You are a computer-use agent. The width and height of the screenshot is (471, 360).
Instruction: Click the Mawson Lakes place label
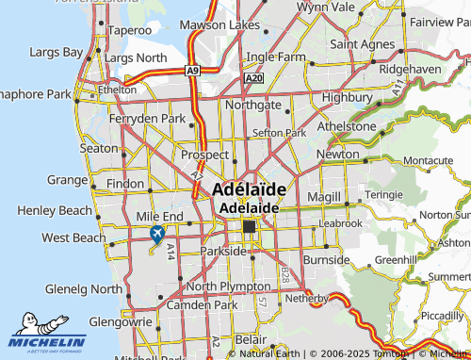(x=238, y=24)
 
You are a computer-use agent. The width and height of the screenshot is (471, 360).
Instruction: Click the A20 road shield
(x=252, y=79)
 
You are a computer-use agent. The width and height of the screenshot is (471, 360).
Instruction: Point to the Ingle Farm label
(x=276, y=57)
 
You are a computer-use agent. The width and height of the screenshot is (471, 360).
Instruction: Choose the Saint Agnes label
(x=362, y=43)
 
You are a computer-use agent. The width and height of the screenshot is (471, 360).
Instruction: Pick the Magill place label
(x=322, y=195)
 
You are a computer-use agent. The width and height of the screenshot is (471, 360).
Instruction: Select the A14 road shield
(x=171, y=251)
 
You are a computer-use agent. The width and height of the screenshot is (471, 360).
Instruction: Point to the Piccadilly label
(x=442, y=316)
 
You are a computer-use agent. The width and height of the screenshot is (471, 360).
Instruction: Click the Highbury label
(x=348, y=97)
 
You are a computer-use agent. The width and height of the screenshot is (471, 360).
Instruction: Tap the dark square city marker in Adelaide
(x=250, y=227)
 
